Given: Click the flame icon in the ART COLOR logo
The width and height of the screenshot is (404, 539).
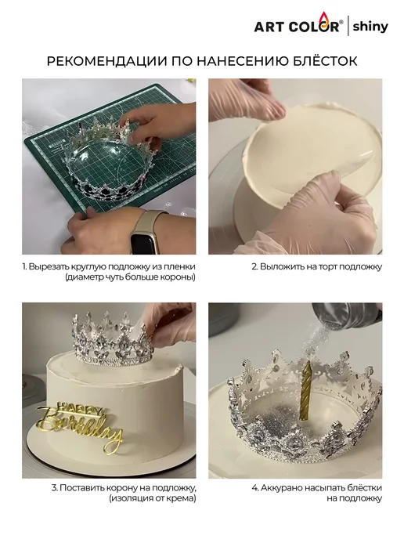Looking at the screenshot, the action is [x=323, y=18].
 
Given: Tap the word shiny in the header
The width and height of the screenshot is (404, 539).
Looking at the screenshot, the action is [x=370, y=27].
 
